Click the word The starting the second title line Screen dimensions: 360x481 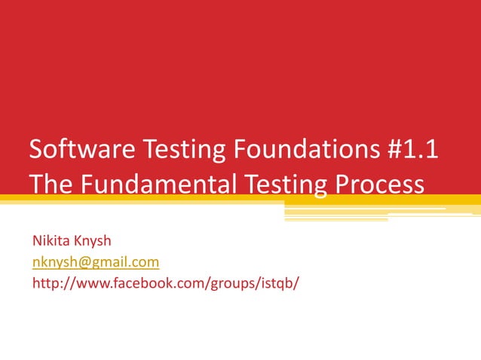point(51,183)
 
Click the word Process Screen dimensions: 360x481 point(381,183)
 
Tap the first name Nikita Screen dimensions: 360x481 point(50,241)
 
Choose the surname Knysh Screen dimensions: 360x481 point(92,241)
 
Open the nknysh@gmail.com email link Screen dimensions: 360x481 point(95,262)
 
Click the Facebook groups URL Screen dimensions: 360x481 point(166,283)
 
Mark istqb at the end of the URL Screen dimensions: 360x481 point(280,283)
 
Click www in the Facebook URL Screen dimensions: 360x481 point(90,283)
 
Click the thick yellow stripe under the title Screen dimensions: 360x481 point(151,199)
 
